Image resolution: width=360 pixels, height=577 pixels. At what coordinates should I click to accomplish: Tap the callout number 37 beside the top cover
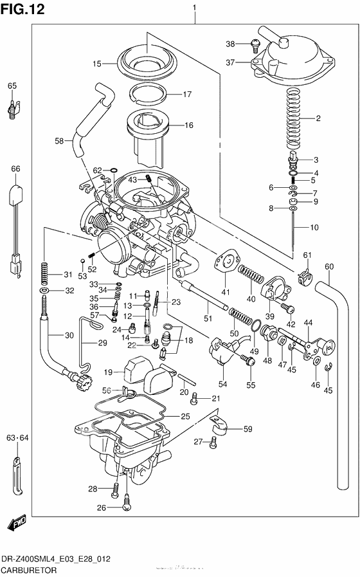point(230,62)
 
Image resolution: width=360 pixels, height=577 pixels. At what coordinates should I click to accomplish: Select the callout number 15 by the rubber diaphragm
point(96,64)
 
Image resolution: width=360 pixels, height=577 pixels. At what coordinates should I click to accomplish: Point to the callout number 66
point(15,169)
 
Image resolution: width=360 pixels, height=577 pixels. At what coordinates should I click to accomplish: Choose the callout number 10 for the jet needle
point(314,227)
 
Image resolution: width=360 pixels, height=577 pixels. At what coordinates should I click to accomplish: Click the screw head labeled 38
point(255,44)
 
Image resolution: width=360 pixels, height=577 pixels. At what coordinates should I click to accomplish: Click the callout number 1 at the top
point(194,8)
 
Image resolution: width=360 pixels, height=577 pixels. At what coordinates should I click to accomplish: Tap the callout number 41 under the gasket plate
point(224,291)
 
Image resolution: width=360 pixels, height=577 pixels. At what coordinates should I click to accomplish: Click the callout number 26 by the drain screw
point(101,507)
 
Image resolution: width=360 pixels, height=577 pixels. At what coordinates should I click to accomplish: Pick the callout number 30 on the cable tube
point(69,334)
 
